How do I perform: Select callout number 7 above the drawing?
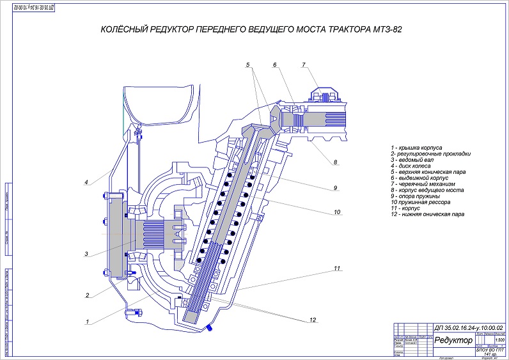tap(304, 65)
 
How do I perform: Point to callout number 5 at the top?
tap(248, 65)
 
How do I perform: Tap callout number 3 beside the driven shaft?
tap(86, 254)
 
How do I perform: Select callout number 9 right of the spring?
tap(334, 188)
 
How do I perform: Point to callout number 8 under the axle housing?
tap(334, 162)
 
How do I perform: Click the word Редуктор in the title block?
tap(453, 340)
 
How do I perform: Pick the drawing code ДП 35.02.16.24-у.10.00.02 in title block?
tap(469, 327)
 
